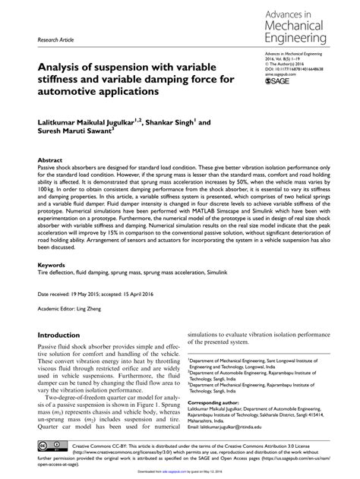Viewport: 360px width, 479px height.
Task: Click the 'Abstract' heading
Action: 50,162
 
